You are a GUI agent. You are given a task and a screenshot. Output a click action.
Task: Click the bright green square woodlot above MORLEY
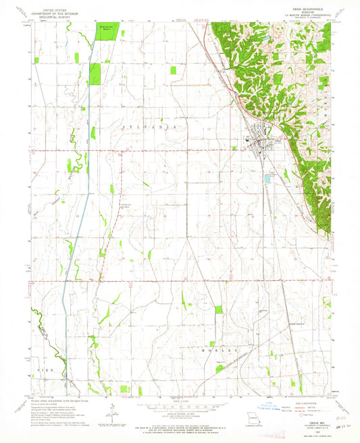click(x=218, y=309)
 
